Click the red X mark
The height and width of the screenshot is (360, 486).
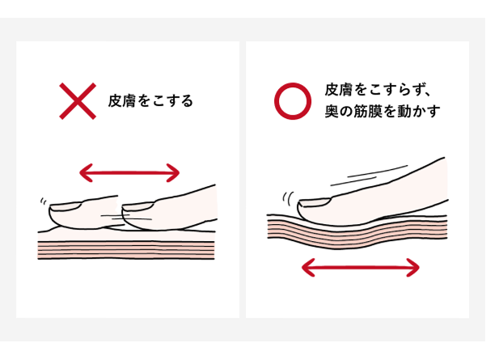78,101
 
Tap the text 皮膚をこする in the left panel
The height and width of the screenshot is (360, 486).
150,102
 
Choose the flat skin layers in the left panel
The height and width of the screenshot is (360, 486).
126,248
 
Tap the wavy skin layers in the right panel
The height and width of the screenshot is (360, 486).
356,231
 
